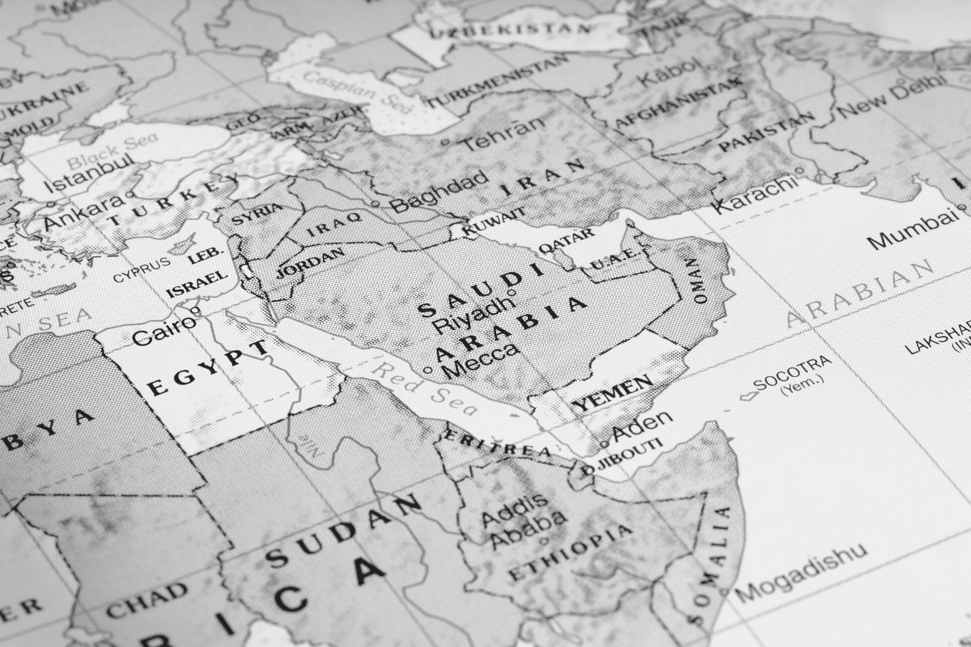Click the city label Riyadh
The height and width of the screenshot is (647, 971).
[471, 316]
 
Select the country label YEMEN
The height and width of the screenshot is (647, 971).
[612, 394]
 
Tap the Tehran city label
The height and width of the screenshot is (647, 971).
[504, 134]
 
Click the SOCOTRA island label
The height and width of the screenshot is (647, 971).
[792, 375]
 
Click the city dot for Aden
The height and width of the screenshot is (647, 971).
[604, 444]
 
